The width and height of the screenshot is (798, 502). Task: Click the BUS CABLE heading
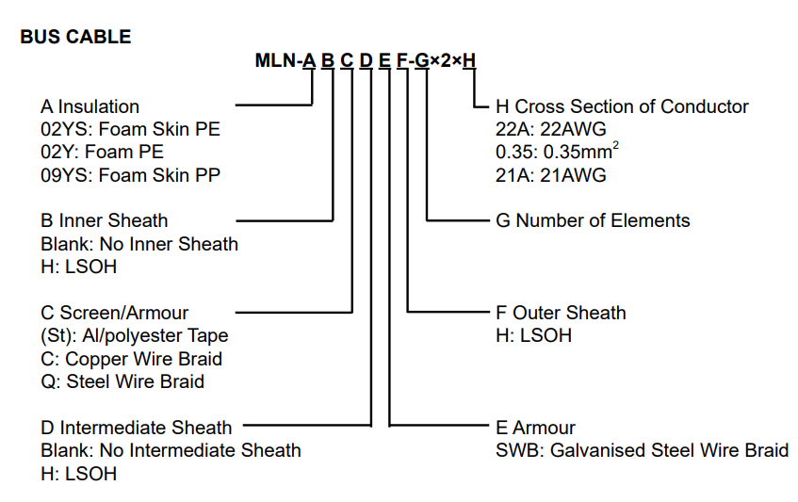(x=75, y=38)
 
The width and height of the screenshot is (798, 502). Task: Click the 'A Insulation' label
(x=90, y=107)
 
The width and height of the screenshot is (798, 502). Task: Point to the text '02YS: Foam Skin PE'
(x=130, y=129)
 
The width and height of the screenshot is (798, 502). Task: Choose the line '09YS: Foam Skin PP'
(x=131, y=174)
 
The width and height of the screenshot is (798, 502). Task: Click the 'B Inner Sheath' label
(x=104, y=221)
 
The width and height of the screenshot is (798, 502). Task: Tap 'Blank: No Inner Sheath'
(x=139, y=244)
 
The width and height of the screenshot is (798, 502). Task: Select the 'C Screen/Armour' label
(x=114, y=313)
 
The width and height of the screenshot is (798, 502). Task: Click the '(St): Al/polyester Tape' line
(x=134, y=335)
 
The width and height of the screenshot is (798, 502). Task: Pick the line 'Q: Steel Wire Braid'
(x=122, y=381)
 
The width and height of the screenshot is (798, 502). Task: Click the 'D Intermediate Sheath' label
(x=136, y=428)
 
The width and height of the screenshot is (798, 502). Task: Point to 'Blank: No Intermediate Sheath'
(x=171, y=450)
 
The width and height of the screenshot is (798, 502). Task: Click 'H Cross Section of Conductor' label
(x=622, y=107)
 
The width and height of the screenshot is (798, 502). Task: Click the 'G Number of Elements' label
(x=593, y=221)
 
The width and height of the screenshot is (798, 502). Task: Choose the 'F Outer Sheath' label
(x=561, y=313)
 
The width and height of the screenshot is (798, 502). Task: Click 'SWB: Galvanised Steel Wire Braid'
(x=642, y=450)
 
